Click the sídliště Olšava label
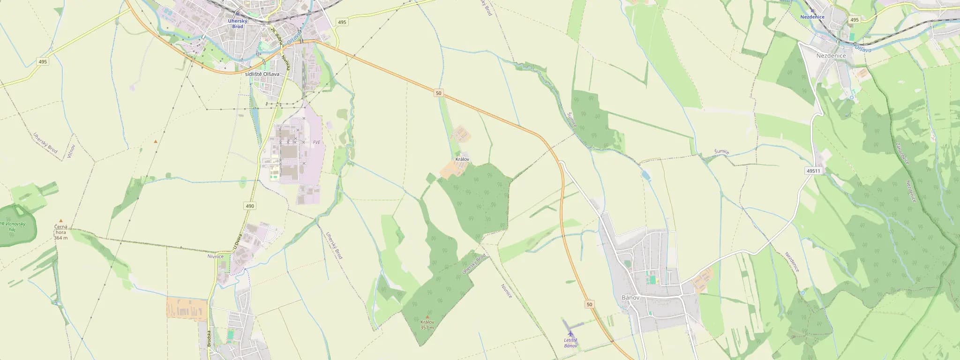point(262,74)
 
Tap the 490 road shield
point(249,206)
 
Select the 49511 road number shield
point(813,171)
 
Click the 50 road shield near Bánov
point(589,305)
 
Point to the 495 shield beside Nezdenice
point(854,20)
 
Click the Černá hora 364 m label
point(60,232)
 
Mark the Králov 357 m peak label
point(427,324)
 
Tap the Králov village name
point(462,159)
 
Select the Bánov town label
point(630,298)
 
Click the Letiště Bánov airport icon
point(570,333)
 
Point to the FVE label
point(317,142)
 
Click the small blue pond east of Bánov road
point(645,175)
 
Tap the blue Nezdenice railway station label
point(812,16)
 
